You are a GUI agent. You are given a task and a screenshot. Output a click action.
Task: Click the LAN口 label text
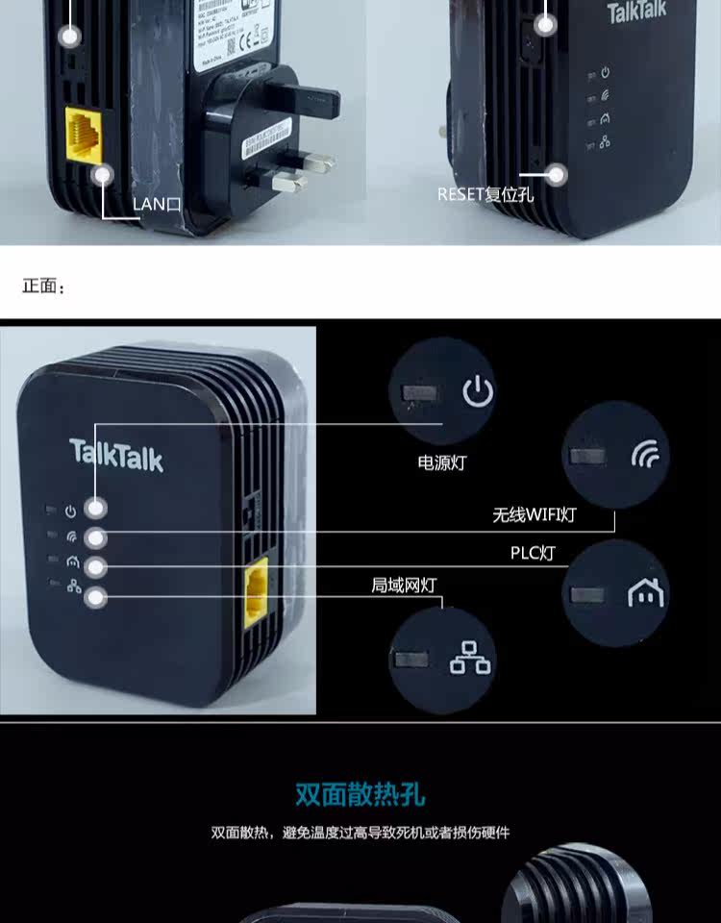tap(156, 203)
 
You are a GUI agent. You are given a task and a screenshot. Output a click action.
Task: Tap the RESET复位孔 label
tap(485, 194)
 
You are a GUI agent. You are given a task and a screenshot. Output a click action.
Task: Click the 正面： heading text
tap(44, 287)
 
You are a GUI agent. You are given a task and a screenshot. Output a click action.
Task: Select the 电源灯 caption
tap(441, 462)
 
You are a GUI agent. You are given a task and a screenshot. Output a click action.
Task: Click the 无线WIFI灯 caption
tap(535, 514)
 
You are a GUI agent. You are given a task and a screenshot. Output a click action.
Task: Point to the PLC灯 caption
tap(532, 553)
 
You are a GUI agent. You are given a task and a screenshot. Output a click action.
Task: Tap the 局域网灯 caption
tap(404, 584)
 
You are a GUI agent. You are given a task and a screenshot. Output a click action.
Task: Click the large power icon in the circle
tap(478, 392)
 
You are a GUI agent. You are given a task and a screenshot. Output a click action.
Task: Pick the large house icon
tap(645, 592)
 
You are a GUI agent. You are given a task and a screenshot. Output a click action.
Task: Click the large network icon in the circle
tap(470, 659)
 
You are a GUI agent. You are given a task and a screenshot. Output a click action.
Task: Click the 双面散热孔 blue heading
tap(360, 794)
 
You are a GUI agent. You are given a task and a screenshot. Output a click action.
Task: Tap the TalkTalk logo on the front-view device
tap(116, 455)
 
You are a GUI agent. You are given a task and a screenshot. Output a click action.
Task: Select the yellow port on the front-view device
tap(256, 593)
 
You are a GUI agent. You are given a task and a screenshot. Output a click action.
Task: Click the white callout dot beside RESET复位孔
tap(555, 174)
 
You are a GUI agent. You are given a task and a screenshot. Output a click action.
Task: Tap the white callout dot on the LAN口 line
tap(102, 175)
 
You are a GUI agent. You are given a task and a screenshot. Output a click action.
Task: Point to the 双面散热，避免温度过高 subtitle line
tap(360, 832)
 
